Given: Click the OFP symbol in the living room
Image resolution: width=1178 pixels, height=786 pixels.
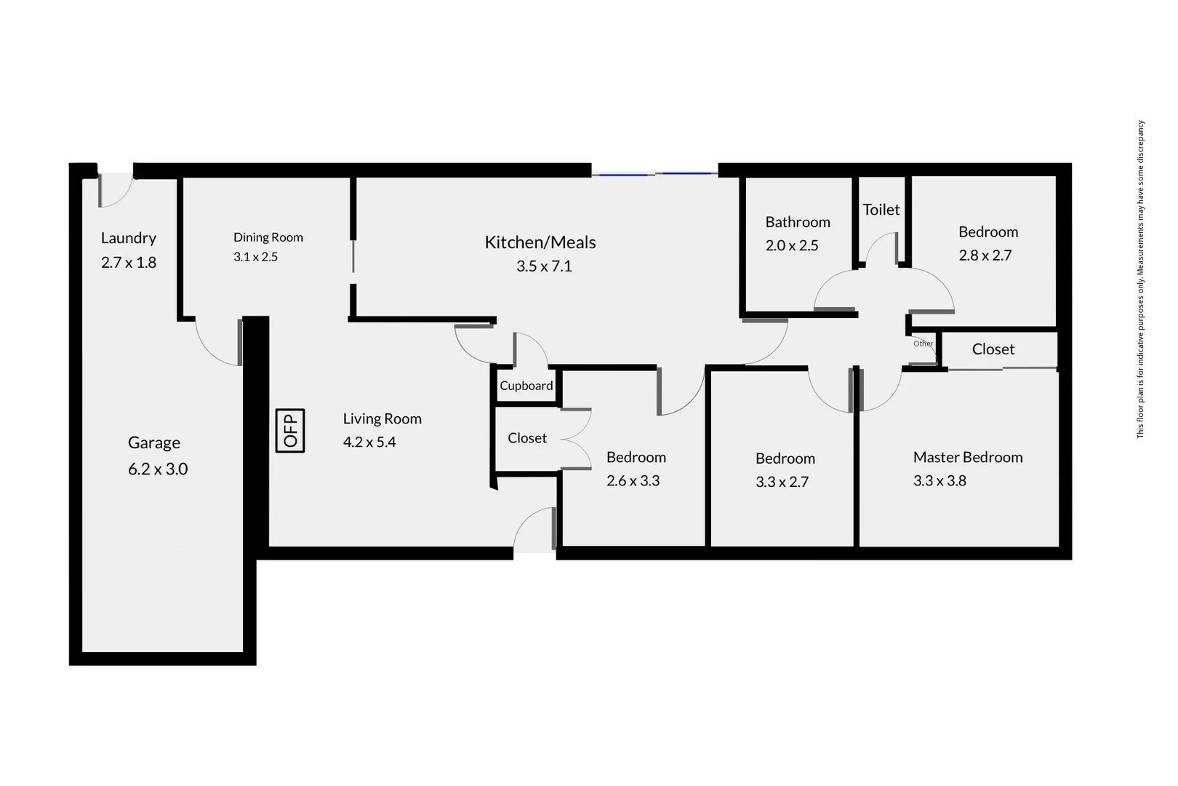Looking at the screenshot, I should click(x=290, y=430).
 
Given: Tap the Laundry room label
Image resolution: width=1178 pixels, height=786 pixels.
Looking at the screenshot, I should click(x=128, y=238).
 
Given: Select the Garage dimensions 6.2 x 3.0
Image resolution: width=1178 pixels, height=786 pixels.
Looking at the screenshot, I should click(x=158, y=469).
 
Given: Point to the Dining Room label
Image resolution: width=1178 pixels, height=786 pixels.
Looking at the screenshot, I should click(x=268, y=237).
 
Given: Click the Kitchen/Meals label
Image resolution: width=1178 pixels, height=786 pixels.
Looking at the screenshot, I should click(x=540, y=242).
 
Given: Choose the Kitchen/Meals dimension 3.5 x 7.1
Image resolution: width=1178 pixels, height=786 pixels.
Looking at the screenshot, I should click(x=544, y=266).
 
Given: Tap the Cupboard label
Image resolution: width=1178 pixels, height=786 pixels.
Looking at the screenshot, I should click(x=526, y=386).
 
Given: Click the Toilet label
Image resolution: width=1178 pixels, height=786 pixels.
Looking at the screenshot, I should click(x=881, y=210).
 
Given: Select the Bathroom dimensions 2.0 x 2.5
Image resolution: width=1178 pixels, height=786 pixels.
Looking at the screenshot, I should click(x=792, y=245).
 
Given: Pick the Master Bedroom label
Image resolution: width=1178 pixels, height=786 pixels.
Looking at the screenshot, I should click(x=968, y=457).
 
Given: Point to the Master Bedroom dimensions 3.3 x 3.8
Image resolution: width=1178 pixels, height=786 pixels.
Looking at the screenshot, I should click(x=939, y=480).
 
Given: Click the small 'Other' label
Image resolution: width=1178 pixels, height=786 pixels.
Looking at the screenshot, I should click(x=923, y=344).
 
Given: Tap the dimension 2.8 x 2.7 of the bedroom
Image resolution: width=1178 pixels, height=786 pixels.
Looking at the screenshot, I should click(x=985, y=255).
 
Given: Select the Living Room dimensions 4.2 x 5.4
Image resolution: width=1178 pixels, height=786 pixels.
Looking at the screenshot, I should click(x=369, y=442).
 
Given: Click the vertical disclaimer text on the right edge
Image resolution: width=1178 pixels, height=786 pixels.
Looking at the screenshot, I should click(x=1140, y=279).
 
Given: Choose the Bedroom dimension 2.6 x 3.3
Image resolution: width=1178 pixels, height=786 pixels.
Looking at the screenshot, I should click(x=633, y=480).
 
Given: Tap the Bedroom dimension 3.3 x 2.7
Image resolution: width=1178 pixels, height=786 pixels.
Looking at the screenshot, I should click(x=782, y=482).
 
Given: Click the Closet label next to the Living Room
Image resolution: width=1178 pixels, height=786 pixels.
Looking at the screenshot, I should click(x=527, y=438).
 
